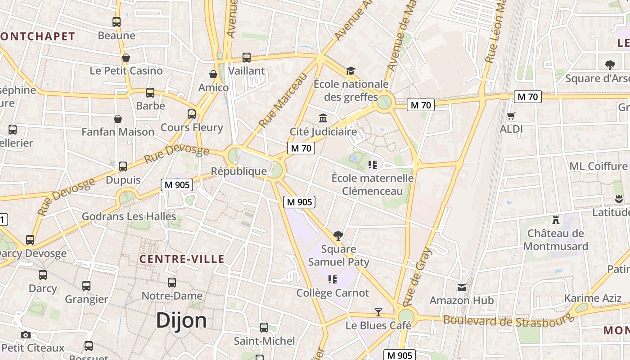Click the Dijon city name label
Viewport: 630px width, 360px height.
tap(181, 320)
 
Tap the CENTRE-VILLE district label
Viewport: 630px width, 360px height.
tap(182, 259)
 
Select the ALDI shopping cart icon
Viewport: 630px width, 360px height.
tap(511, 116)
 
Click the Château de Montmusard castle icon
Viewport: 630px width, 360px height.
tap(556, 220)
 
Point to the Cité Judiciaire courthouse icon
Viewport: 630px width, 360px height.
tap(323, 118)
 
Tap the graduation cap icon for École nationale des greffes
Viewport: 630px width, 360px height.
tap(351, 71)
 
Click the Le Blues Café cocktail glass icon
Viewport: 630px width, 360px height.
tap(378, 312)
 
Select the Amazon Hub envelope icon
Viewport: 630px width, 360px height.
tap(462, 287)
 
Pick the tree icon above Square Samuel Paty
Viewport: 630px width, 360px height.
tap(338, 235)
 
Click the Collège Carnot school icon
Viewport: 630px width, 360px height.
tap(333, 279)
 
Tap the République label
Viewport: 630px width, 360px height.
tap(239, 171)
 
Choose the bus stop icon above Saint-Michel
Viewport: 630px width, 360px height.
tap(264, 328)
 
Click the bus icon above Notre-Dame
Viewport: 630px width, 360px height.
tap(172, 283)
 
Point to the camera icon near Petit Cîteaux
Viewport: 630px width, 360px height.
tap(26, 335)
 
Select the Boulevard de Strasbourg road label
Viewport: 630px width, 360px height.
tap(508, 320)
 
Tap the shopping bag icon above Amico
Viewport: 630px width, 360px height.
tap(213, 74)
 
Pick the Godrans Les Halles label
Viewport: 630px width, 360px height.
tap(129, 216)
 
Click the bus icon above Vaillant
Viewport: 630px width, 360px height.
tap(247, 58)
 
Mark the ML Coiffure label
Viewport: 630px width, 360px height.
tap(598, 166)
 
